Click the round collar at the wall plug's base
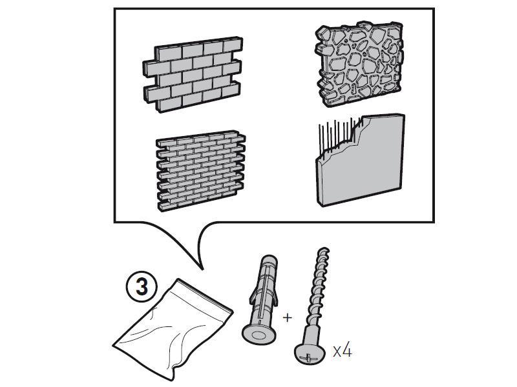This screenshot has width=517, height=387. [x=258, y=334]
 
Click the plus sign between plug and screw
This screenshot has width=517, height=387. [x=288, y=317]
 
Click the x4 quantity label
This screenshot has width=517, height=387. [x=342, y=352]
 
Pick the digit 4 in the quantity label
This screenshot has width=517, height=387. [x=347, y=352]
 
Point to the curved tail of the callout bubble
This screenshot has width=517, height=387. [x=194, y=252]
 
